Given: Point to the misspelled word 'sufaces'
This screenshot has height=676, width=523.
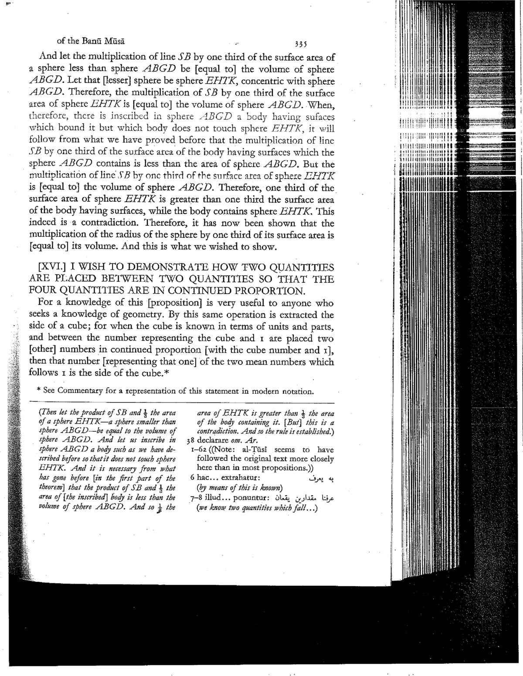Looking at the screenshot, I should pyautogui.click(x=319, y=117).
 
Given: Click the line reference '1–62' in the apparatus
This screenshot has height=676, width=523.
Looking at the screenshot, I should pyautogui.click(x=201, y=450).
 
